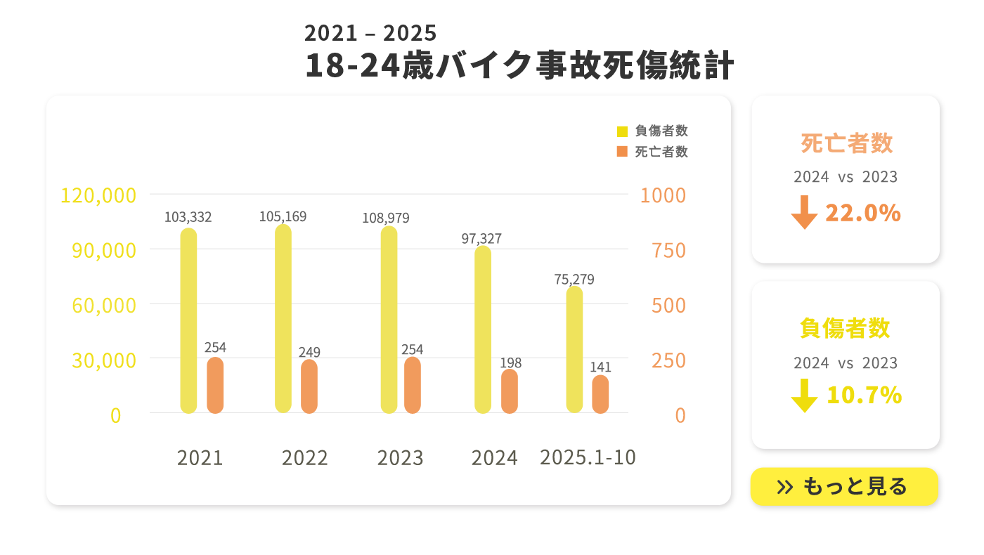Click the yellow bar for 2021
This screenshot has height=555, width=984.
pyautogui.click(x=188, y=320)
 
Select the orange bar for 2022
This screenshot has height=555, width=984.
pyautogui.click(x=309, y=386)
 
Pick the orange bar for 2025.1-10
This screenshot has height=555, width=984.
pyautogui.click(x=600, y=394)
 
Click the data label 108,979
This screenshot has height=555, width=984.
pyautogui.click(x=386, y=218)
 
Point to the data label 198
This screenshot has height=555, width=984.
pyautogui.click(x=511, y=363)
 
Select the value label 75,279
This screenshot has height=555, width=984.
pyautogui.click(x=574, y=280)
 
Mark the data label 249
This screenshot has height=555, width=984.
pyautogui.click(x=309, y=352)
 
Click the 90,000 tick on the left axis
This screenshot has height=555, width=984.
pyautogui.click(x=104, y=250)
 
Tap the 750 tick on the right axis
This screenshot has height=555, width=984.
pyautogui.click(x=669, y=250)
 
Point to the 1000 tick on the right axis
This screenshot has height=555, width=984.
pyautogui.click(x=663, y=195)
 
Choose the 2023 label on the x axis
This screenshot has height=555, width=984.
pyautogui.click(x=401, y=458)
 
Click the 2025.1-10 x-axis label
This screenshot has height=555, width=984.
pyautogui.click(x=588, y=457)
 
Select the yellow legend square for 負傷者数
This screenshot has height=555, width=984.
pyautogui.click(x=622, y=131)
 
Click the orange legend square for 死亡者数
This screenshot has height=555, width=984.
pyautogui.click(x=622, y=152)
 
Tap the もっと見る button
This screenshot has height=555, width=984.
pyautogui.click(x=844, y=486)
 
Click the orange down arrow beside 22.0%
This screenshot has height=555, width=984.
pyautogui.click(x=804, y=213)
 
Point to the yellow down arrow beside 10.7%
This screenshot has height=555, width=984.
pyautogui.click(x=804, y=396)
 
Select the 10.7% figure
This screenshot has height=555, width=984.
pyautogui.click(x=864, y=396)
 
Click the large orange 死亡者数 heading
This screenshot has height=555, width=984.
pyautogui.click(x=846, y=143)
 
